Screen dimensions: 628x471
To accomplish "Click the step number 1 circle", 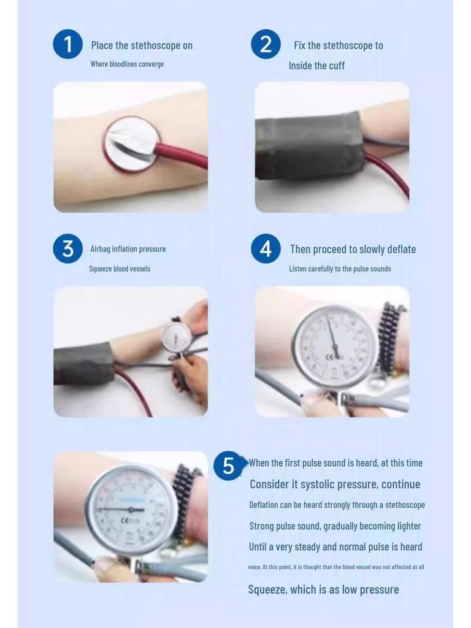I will tap(67, 44).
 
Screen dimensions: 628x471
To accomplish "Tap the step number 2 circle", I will tap(266, 44).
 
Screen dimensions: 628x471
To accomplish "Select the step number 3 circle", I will tap(67, 248).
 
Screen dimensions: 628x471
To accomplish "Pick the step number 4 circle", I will tap(266, 248).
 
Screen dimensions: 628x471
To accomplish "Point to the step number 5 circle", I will tap(228, 465).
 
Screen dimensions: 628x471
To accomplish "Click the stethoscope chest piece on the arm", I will tap(131, 144).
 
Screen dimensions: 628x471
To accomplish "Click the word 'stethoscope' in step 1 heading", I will tap(156, 45).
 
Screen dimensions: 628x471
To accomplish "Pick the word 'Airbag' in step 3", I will tap(101, 249).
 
